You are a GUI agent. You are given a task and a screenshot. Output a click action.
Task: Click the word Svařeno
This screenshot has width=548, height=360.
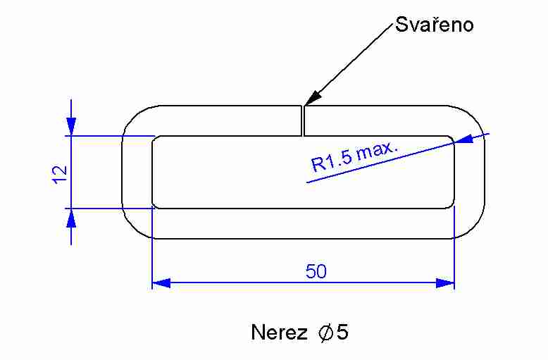(434, 25)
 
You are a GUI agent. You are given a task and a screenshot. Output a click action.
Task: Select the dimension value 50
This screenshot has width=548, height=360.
(316, 271)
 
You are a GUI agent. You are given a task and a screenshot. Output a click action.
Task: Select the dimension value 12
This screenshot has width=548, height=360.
(59, 173)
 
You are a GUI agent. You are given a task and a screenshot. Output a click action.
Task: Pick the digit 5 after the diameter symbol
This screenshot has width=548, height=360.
(342, 333)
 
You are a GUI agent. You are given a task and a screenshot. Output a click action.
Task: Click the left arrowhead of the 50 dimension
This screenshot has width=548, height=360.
(161, 283)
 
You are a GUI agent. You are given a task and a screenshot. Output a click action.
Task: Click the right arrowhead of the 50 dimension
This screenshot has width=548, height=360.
(445, 283)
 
